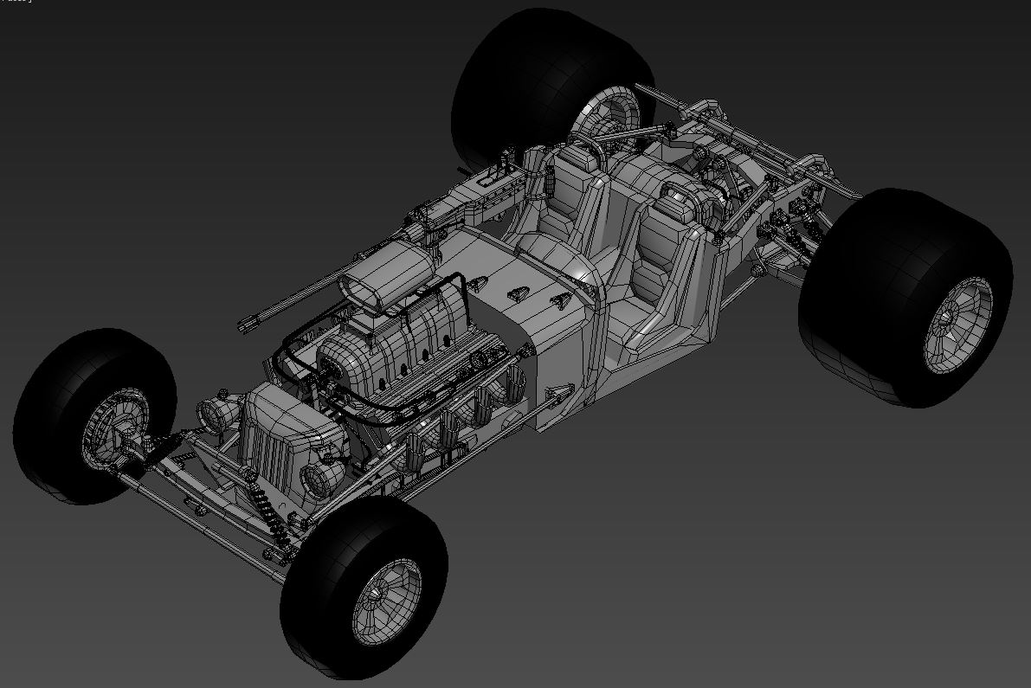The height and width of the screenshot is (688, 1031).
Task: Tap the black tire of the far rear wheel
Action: [519, 78]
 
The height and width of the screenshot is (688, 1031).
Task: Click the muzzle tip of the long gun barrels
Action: [246, 325]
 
